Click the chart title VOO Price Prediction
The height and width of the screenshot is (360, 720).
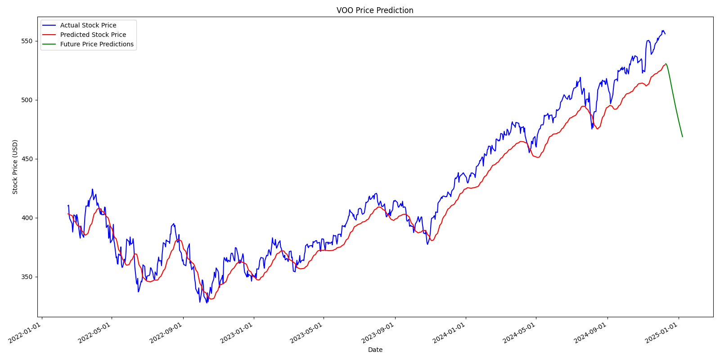tap(374, 10)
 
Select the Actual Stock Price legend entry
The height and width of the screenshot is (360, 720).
tap(88, 26)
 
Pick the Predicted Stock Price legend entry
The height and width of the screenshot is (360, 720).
tap(93, 35)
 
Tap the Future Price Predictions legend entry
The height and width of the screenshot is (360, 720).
tap(96, 44)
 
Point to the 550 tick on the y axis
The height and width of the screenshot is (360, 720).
tap(27, 41)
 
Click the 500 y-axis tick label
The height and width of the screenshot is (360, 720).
tap(27, 100)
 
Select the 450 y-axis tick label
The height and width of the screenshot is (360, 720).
tap(27, 159)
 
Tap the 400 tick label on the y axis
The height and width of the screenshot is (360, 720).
tap(27, 218)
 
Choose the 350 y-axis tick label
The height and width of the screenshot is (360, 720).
tap(27, 277)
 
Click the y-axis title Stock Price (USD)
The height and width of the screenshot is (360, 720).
tap(15, 167)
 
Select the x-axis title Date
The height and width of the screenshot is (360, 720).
tap(375, 350)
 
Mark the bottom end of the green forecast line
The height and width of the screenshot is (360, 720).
tap(682, 137)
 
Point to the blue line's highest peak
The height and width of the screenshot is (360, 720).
tap(662, 31)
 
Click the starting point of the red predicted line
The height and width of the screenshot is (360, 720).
tap(68, 214)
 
